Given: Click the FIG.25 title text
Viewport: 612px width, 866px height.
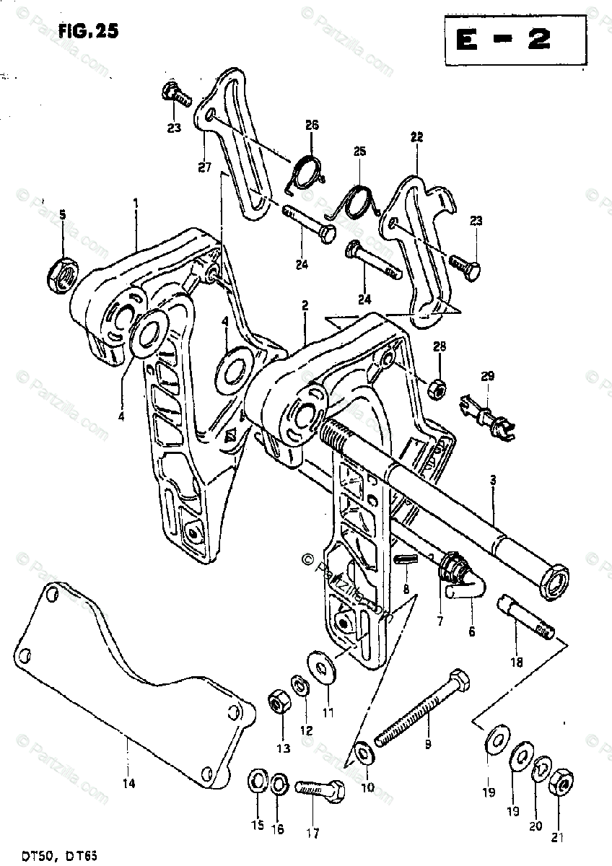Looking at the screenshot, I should pos(85,31).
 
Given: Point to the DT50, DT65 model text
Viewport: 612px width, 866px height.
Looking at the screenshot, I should pos(55,854).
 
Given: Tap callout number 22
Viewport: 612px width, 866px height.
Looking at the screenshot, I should pos(416,136).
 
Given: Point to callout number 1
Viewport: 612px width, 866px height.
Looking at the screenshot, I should pos(136,204).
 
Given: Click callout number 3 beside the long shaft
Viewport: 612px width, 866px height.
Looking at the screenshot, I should pos(493,489).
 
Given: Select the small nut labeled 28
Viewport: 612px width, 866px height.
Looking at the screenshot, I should pos(436,389).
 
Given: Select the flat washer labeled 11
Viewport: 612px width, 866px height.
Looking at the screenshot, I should pos(318,665).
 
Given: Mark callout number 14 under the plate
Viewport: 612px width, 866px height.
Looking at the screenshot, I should pos(131,782).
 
